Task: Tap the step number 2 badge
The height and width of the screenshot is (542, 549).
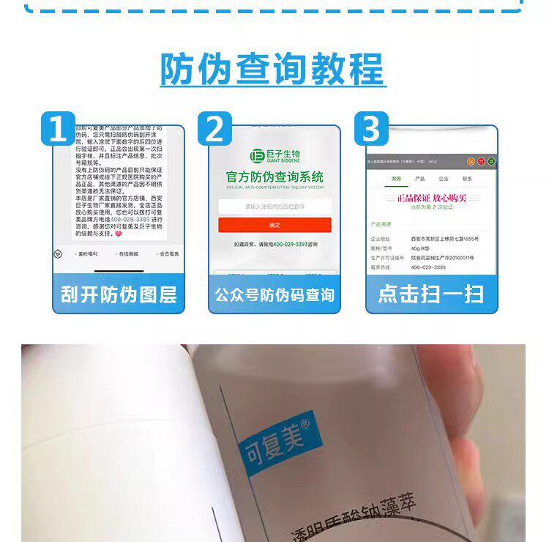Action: point(214,128)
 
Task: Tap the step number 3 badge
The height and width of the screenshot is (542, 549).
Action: point(371,128)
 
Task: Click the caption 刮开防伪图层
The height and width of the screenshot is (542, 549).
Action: point(119,294)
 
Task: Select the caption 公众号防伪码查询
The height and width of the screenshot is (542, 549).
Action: point(274,295)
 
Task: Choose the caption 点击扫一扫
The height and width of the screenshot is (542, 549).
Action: point(430,294)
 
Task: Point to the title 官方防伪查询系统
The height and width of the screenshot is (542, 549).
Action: point(274,177)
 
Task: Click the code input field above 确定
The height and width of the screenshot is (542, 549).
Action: point(274,207)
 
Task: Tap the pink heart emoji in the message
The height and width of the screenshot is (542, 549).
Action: point(119,234)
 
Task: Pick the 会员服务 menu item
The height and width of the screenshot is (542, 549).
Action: point(169,254)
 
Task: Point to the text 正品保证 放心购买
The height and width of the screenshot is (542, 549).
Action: point(432,198)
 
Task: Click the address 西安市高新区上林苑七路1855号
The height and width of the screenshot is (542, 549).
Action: point(444,239)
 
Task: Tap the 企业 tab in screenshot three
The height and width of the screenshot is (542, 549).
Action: point(443,179)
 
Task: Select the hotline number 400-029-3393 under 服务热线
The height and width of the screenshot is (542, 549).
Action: point(429,267)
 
